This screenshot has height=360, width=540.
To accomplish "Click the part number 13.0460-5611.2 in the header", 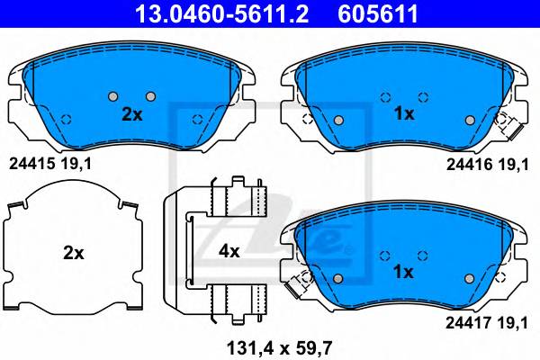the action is pyautogui.click(x=222, y=13).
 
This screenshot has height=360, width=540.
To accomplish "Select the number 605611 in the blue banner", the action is pyautogui.click(x=378, y=13).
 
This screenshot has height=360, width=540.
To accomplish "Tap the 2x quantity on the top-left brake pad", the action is pyautogui.click(x=132, y=114).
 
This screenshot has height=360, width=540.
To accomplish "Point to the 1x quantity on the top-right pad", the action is pyautogui.click(x=404, y=113).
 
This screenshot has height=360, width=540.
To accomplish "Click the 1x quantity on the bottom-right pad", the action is pyautogui.click(x=403, y=272).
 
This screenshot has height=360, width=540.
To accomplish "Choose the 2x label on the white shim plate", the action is pyautogui.click(x=74, y=253).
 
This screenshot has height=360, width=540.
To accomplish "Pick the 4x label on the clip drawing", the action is pyautogui.click(x=229, y=251).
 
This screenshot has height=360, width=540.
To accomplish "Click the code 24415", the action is pyautogui.click(x=32, y=164).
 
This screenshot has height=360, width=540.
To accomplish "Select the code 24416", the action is pyautogui.click(x=470, y=165).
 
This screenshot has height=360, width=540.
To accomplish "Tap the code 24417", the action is pyautogui.click(x=468, y=323).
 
